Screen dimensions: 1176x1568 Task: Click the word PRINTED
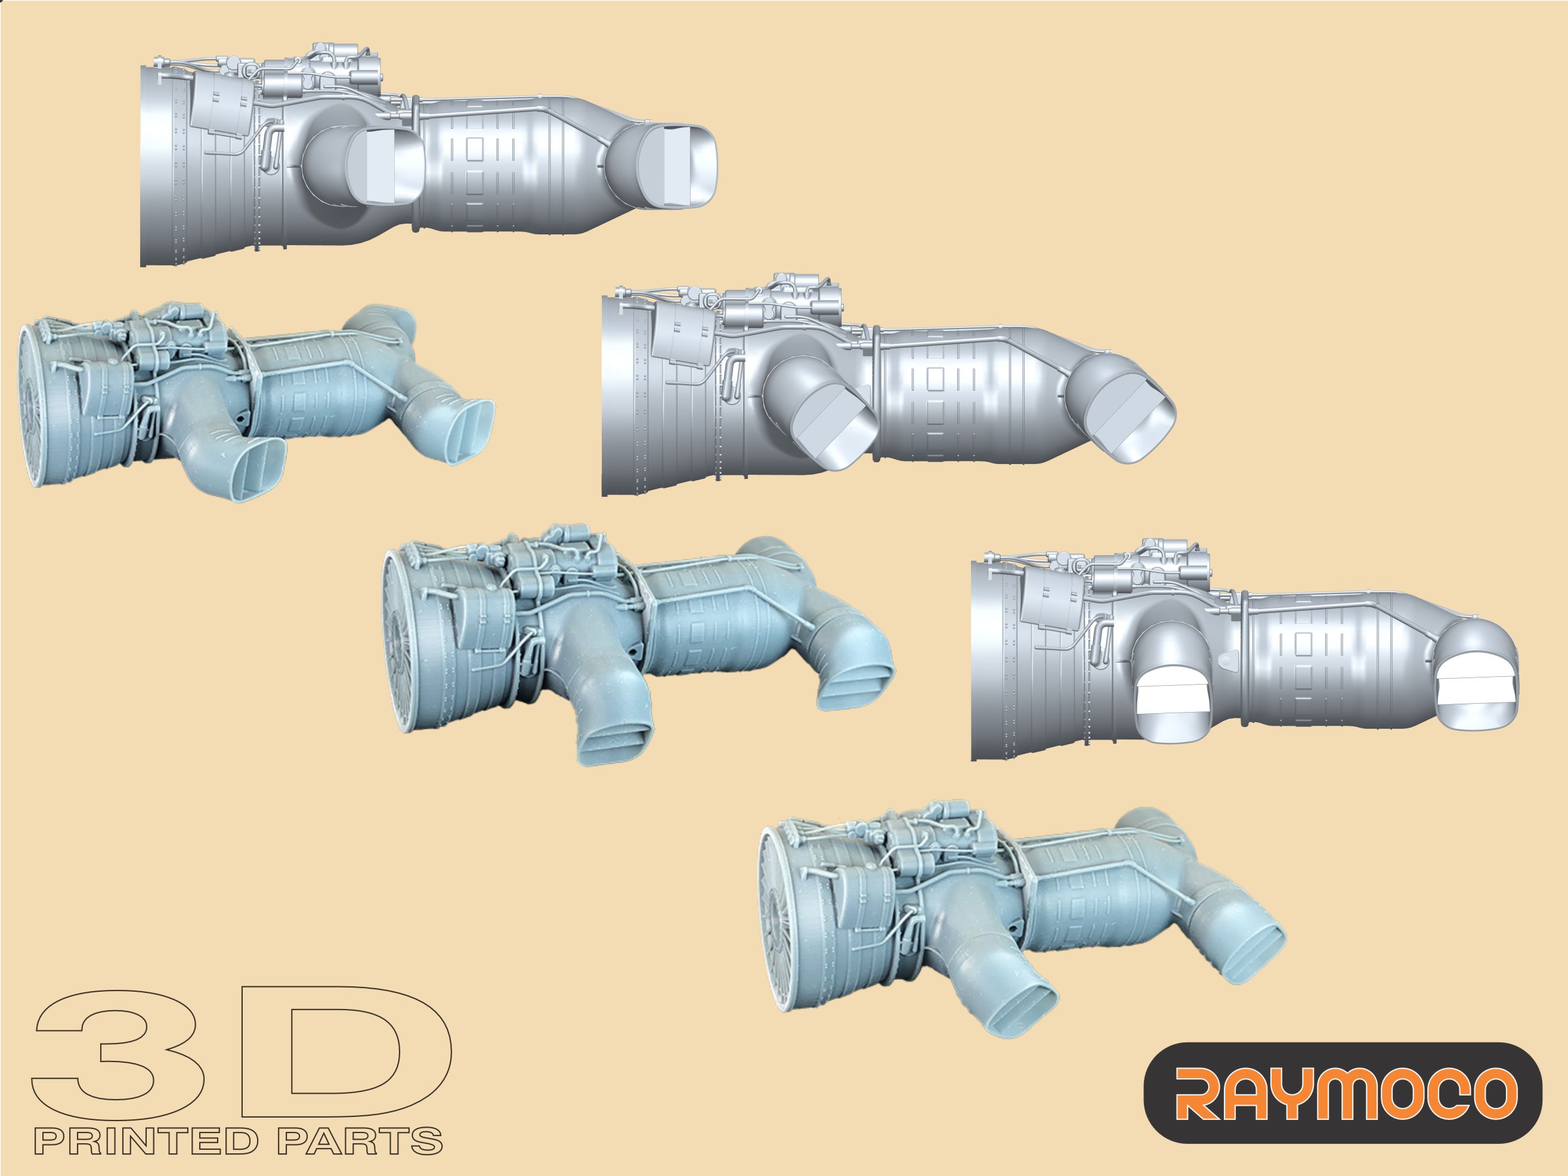[146, 1142]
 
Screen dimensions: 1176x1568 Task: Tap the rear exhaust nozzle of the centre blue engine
[861, 680]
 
